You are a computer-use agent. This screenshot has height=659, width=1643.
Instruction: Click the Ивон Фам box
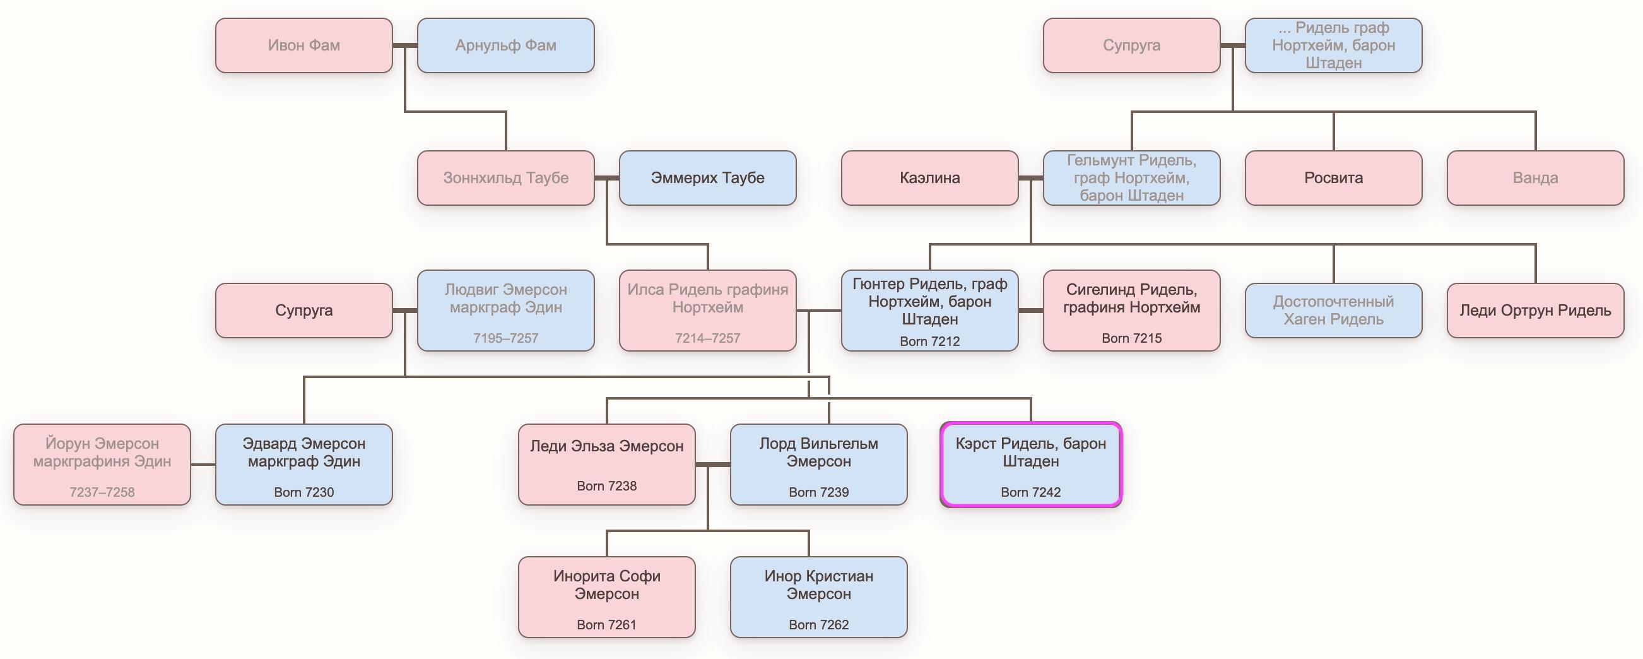[x=303, y=45]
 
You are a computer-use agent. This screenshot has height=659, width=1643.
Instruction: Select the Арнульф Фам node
[x=506, y=45]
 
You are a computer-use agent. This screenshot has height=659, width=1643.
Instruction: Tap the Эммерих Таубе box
[x=707, y=178]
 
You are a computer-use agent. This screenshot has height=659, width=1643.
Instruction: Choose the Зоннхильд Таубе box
[x=506, y=178]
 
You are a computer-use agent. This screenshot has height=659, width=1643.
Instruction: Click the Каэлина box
[x=929, y=178]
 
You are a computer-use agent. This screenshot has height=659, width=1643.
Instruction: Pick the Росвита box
[x=1333, y=178]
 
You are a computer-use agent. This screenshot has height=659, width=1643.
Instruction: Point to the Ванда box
[x=1535, y=178]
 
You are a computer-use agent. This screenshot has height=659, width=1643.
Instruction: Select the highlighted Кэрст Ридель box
[x=1031, y=465]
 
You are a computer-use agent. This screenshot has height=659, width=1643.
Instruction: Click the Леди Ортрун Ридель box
[x=1535, y=311]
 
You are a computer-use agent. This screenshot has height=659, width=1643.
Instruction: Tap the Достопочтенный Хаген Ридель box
[x=1333, y=311]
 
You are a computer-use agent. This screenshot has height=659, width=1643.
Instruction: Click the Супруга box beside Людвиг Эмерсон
[x=303, y=311]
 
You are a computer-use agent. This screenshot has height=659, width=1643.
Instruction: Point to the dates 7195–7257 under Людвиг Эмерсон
[x=506, y=338]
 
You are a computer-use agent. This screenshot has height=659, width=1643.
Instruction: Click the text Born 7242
[x=1031, y=492]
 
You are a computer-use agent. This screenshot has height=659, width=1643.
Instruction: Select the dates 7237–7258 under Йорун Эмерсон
[x=102, y=492]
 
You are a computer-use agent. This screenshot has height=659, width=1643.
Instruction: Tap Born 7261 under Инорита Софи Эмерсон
[x=606, y=624]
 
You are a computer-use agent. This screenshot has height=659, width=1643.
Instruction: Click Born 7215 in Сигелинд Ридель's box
[x=1131, y=338]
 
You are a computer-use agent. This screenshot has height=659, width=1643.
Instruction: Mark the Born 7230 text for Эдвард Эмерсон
[x=303, y=492]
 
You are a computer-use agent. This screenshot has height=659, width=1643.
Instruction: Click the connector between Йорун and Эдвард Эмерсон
[x=203, y=465]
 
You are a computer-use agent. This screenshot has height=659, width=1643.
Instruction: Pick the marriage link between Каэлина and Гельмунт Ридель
[x=1031, y=178]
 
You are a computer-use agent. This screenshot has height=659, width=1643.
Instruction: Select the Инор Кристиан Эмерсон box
[x=818, y=597]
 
